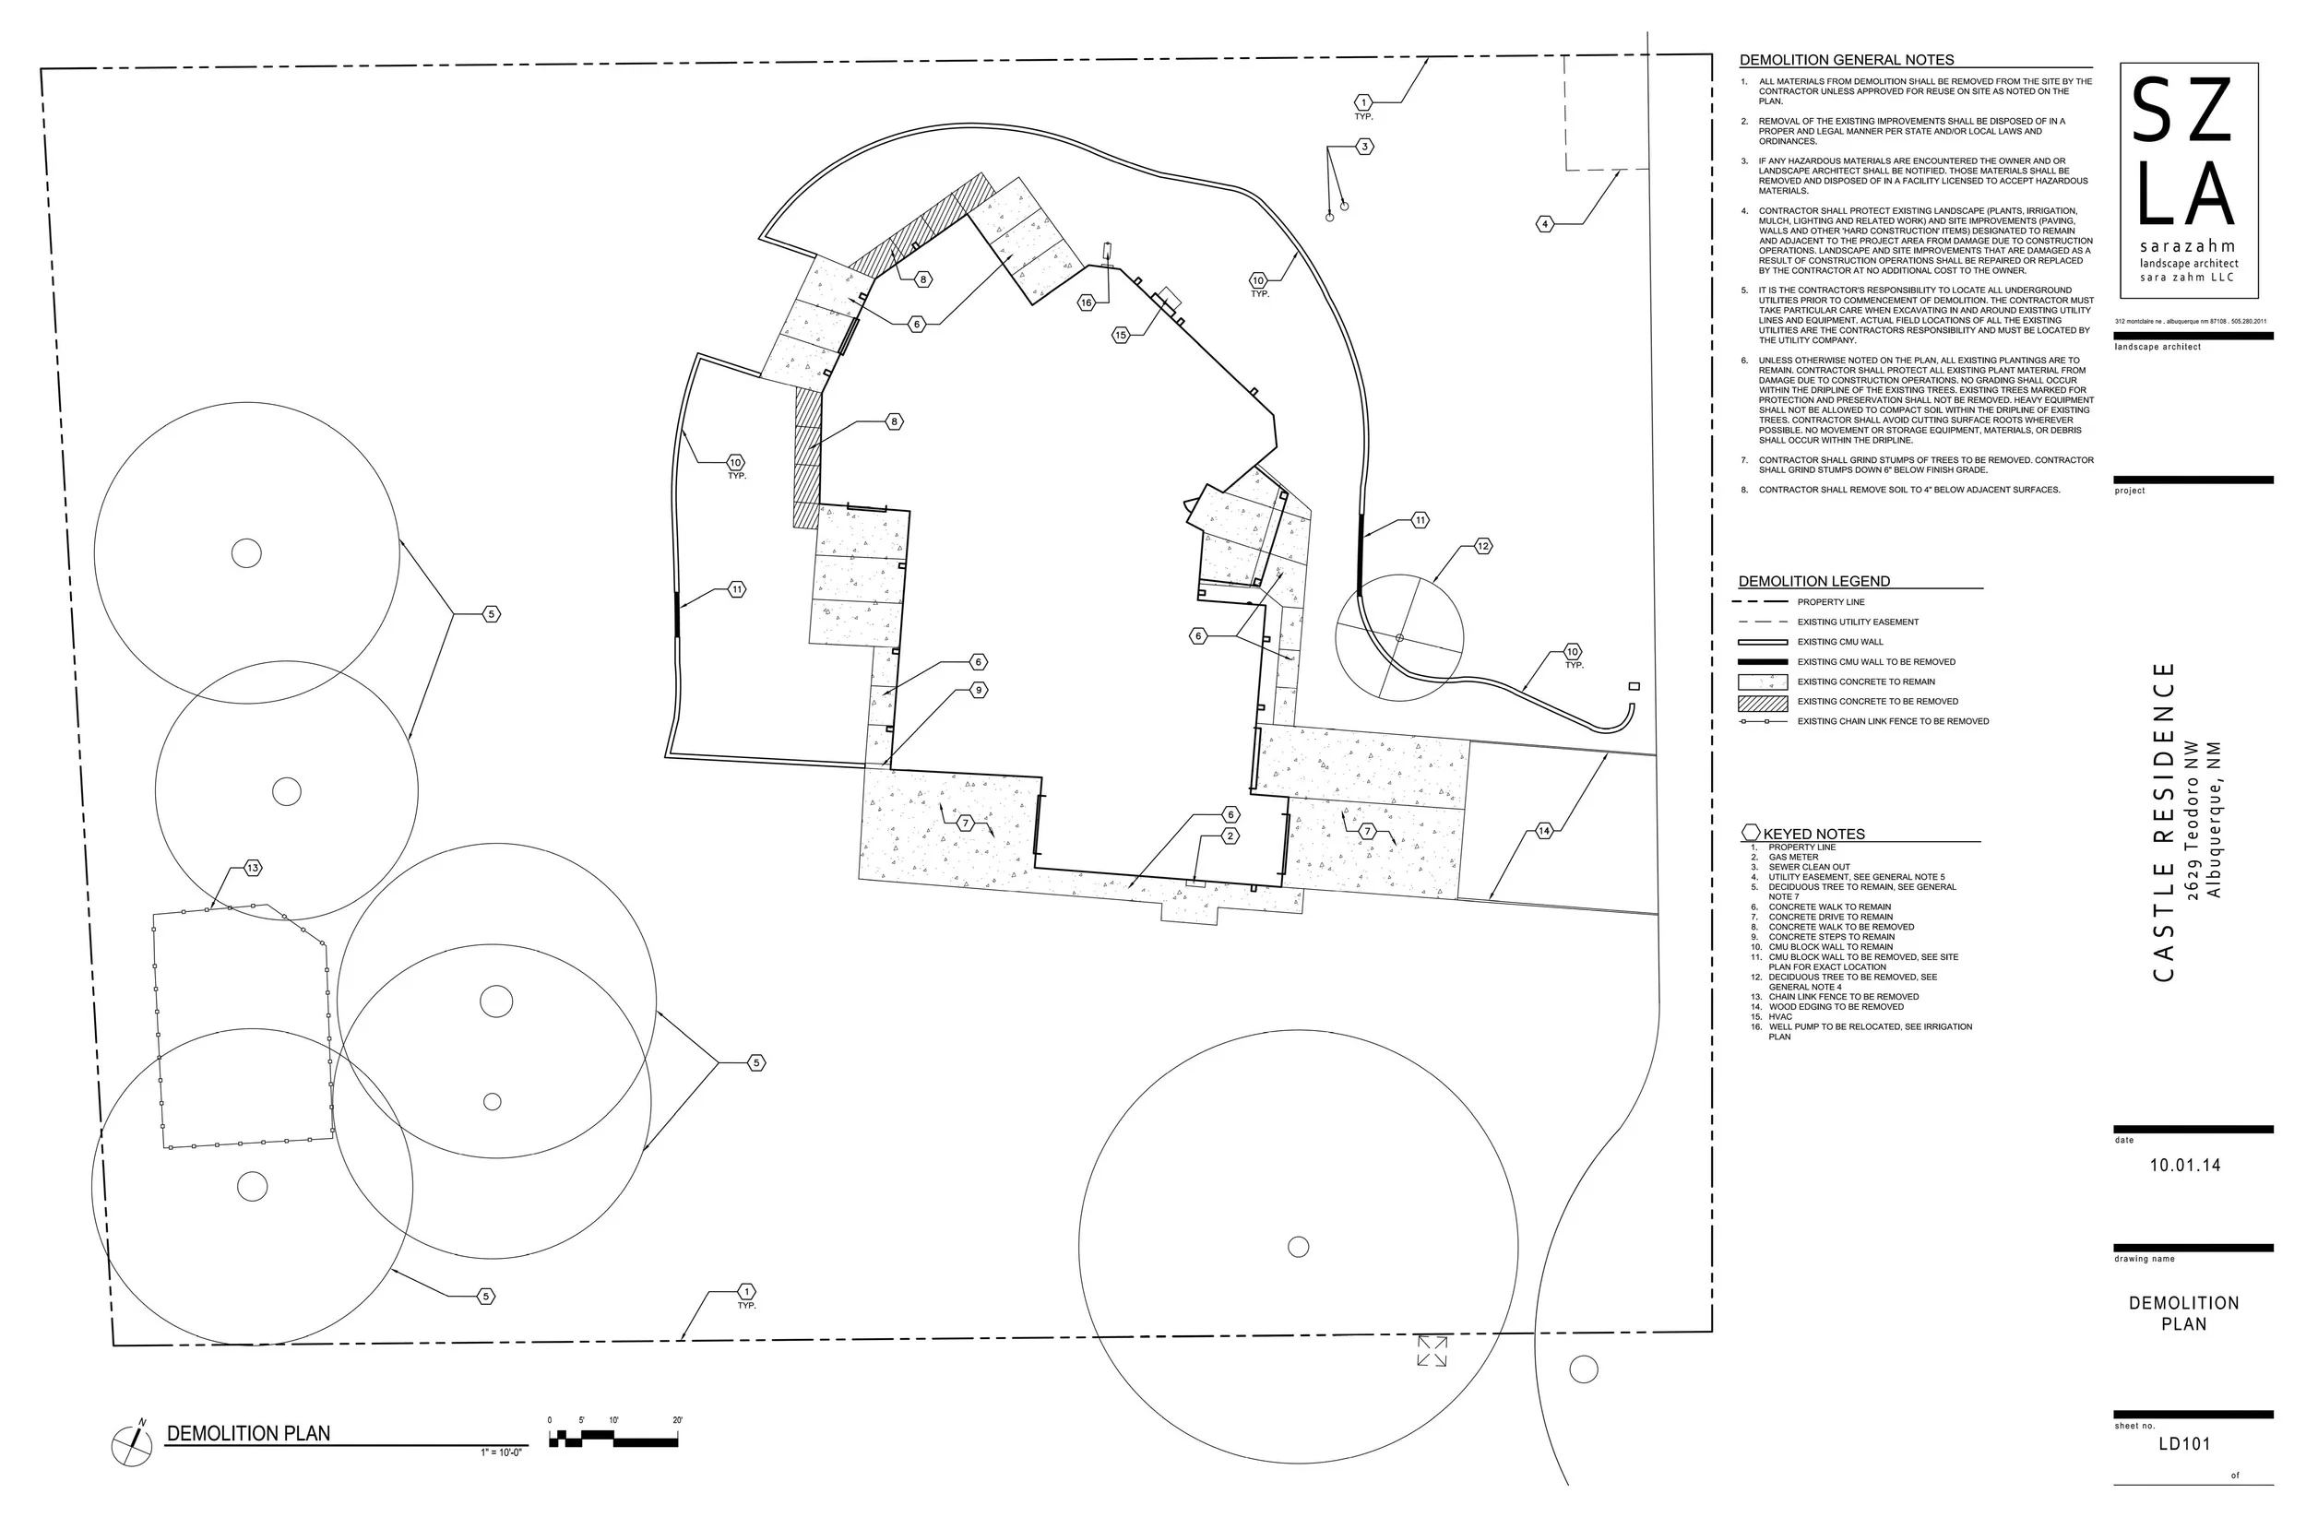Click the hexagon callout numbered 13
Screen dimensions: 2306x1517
coord(253,868)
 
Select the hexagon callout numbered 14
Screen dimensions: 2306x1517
coord(1544,830)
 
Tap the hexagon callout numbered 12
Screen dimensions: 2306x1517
coord(1483,546)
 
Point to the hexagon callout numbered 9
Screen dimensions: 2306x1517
coord(980,690)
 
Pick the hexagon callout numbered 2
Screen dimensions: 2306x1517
coord(1230,835)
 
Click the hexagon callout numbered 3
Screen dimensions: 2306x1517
coord(1364,148)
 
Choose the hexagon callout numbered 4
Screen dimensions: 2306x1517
coord(1545,224)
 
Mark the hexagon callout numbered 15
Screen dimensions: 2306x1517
coord(1121,335)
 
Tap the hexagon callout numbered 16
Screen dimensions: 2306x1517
coord(1087,303)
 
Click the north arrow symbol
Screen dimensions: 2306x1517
coord(132,1445)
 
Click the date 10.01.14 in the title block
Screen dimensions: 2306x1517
coord(2185,1166)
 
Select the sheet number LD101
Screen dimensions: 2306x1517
coord(2185,1443)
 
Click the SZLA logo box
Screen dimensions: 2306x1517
coord(2189,180)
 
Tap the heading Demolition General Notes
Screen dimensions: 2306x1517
coord(1847,60)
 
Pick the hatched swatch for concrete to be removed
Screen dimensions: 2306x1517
coord(1764,703)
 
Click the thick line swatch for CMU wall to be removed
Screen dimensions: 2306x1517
coord(1764,661)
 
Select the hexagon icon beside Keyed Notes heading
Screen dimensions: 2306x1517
coord(1751,832)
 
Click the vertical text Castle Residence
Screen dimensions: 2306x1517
coord(2164,822)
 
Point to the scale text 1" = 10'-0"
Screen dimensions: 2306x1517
coord(501,1453)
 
